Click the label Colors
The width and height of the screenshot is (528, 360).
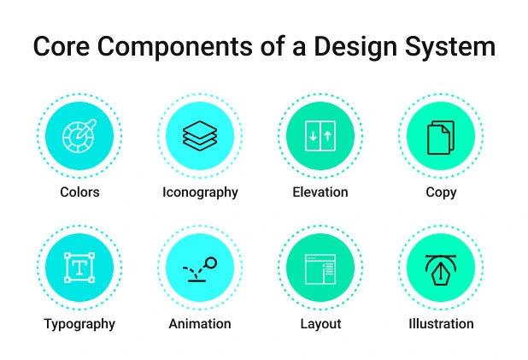tap(79, 192)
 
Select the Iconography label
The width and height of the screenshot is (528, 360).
tap(200, 192)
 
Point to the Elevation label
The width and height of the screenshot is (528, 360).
tap(320, 192)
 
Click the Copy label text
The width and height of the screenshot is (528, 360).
tap(441, 192)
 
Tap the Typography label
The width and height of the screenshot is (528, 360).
tap(79, 324)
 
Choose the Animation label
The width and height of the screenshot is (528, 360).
tap(200, 324)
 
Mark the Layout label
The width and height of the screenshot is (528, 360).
tap(320, 324)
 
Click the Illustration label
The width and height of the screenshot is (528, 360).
tap(441, 324)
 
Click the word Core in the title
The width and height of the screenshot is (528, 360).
tap(62, 47)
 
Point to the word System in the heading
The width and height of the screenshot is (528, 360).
tap(454, 47)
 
